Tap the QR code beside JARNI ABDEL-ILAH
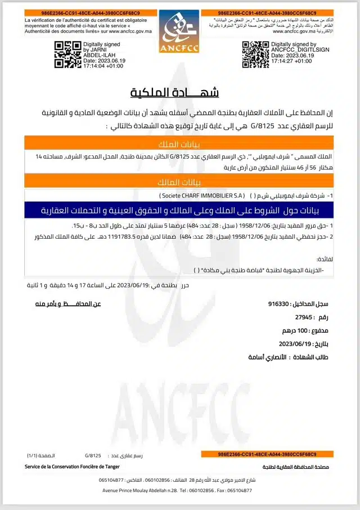click(x=67, y=54)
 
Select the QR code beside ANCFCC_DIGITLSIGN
click(x=255, y=54)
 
